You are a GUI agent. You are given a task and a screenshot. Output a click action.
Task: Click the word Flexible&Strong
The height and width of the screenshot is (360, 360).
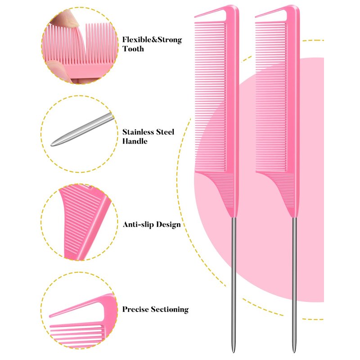[152, 40]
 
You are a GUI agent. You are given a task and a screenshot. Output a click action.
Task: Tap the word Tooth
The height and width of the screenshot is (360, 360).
[133, 49]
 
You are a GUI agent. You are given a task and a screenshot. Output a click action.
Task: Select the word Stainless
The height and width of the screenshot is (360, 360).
[138, 132]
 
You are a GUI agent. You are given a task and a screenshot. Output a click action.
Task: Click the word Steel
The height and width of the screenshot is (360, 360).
[165, 132]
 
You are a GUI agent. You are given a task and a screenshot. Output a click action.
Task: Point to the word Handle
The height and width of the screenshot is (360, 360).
[135, 141]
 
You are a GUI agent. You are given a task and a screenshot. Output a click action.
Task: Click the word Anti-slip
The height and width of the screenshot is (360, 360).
[137, 225]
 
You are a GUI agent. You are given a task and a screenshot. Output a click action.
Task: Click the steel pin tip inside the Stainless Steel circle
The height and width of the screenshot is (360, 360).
[52, 144]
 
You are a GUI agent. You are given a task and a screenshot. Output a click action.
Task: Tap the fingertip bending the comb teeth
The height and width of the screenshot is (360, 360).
[65, 18]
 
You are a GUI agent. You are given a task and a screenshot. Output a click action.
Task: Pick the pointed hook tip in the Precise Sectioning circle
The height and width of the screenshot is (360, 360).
[50, 316]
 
